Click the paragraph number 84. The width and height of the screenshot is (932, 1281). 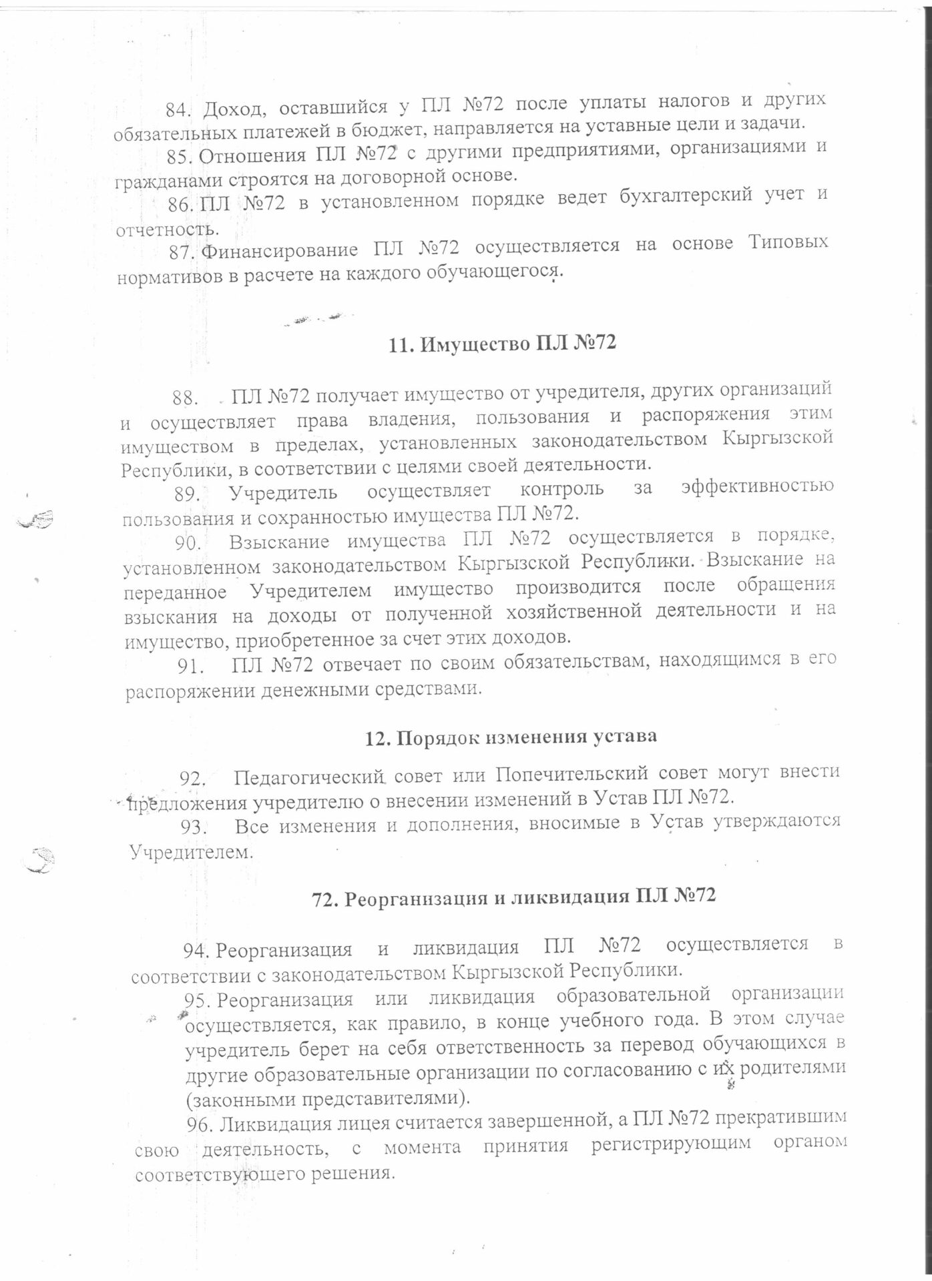[178, 109]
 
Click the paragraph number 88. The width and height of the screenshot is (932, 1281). [186, 398]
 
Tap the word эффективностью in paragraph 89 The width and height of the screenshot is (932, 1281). [757, 486]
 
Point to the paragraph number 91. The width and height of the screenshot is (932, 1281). [190, 665]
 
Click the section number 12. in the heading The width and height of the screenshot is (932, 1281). [377, 738]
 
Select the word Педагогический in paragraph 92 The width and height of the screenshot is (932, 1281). [311, 777]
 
